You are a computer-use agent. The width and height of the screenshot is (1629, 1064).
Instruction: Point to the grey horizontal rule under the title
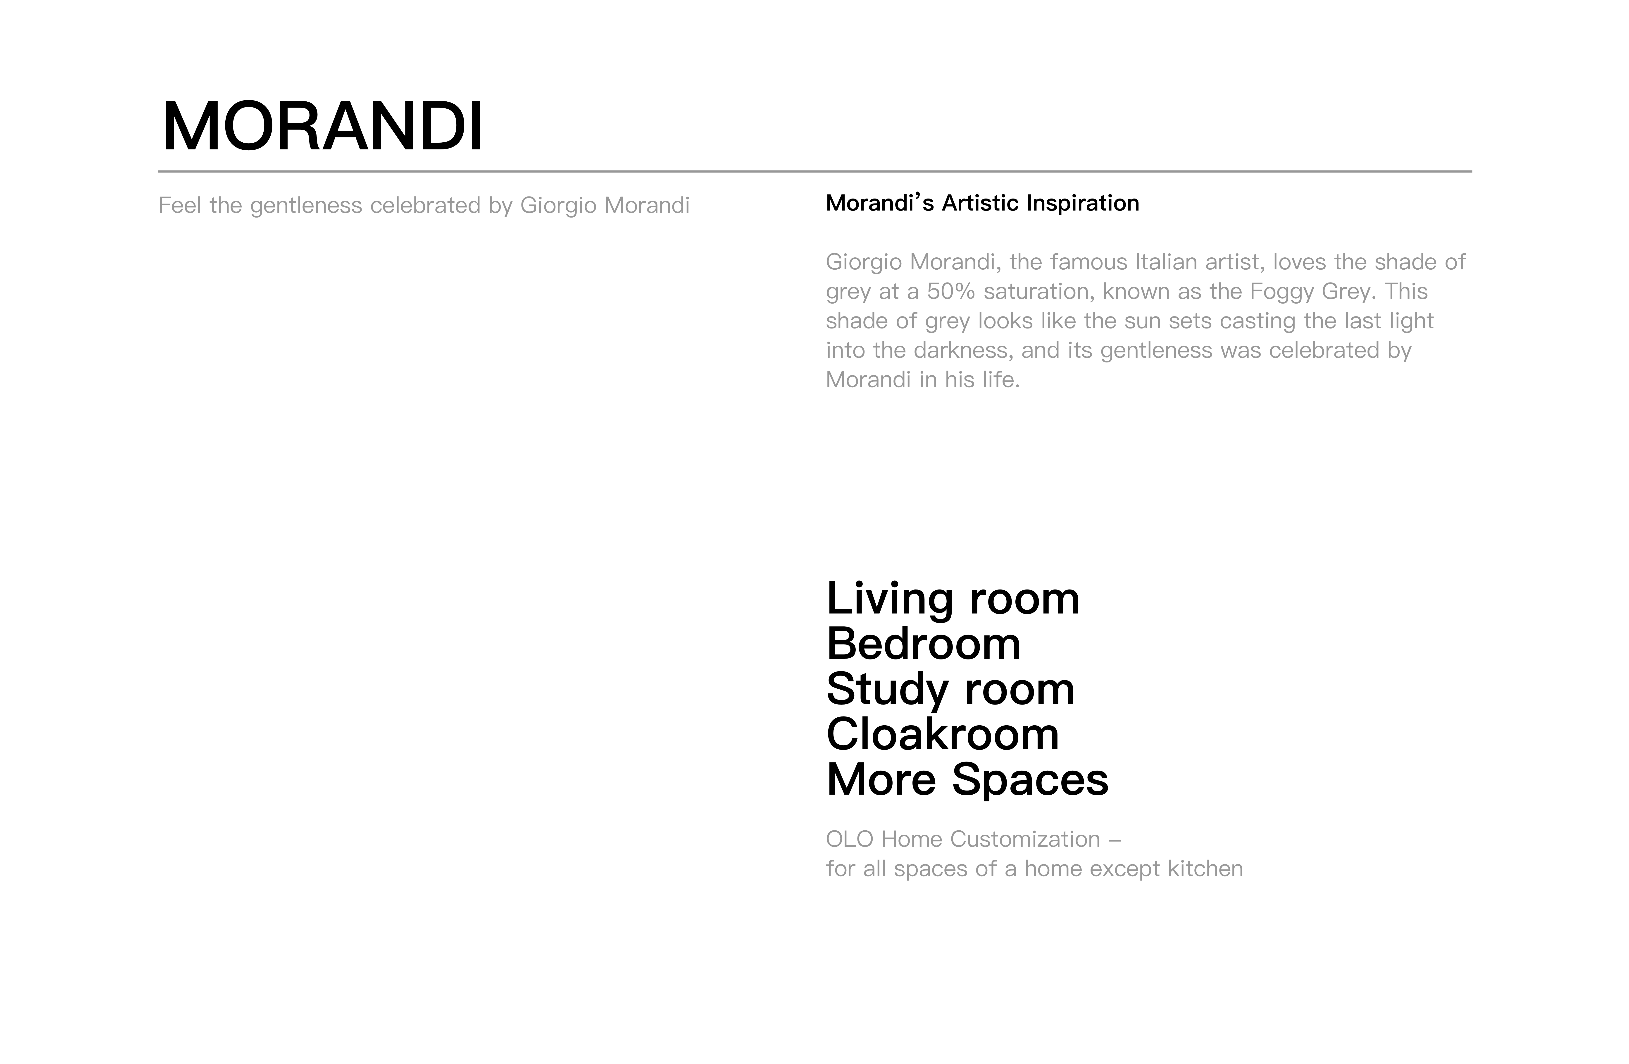tap(814, 171)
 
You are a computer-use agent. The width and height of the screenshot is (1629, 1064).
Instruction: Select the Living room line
tap(953, 599)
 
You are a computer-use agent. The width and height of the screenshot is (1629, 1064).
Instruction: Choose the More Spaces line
tap(967, 780)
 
